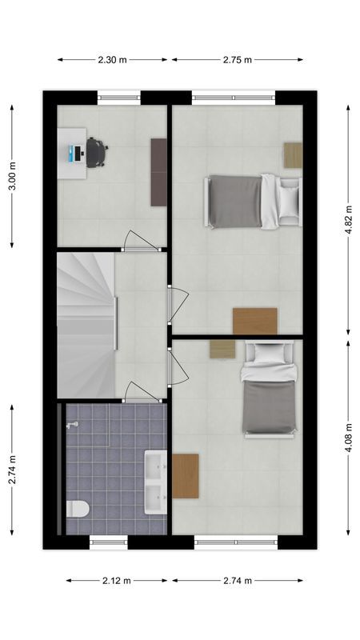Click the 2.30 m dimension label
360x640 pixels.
point(113,59)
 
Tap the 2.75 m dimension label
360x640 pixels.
point(237,59)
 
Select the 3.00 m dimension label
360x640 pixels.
point(11,176)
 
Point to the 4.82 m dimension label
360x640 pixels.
point(348,220)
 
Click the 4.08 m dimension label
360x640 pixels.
point(348,438)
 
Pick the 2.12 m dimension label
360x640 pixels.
point(117,581)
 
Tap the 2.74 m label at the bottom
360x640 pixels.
point(237,581)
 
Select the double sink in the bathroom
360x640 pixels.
point(155,482)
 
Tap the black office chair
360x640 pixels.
point(96,152)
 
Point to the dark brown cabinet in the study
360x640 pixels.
point(158,170)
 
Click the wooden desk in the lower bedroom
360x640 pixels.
point(185,476)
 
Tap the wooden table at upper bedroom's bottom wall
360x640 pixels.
point(254,321)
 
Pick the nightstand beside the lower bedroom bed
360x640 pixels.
point(222,349)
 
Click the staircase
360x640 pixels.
point(86,324)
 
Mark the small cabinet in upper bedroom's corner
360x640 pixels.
point(293,154)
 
